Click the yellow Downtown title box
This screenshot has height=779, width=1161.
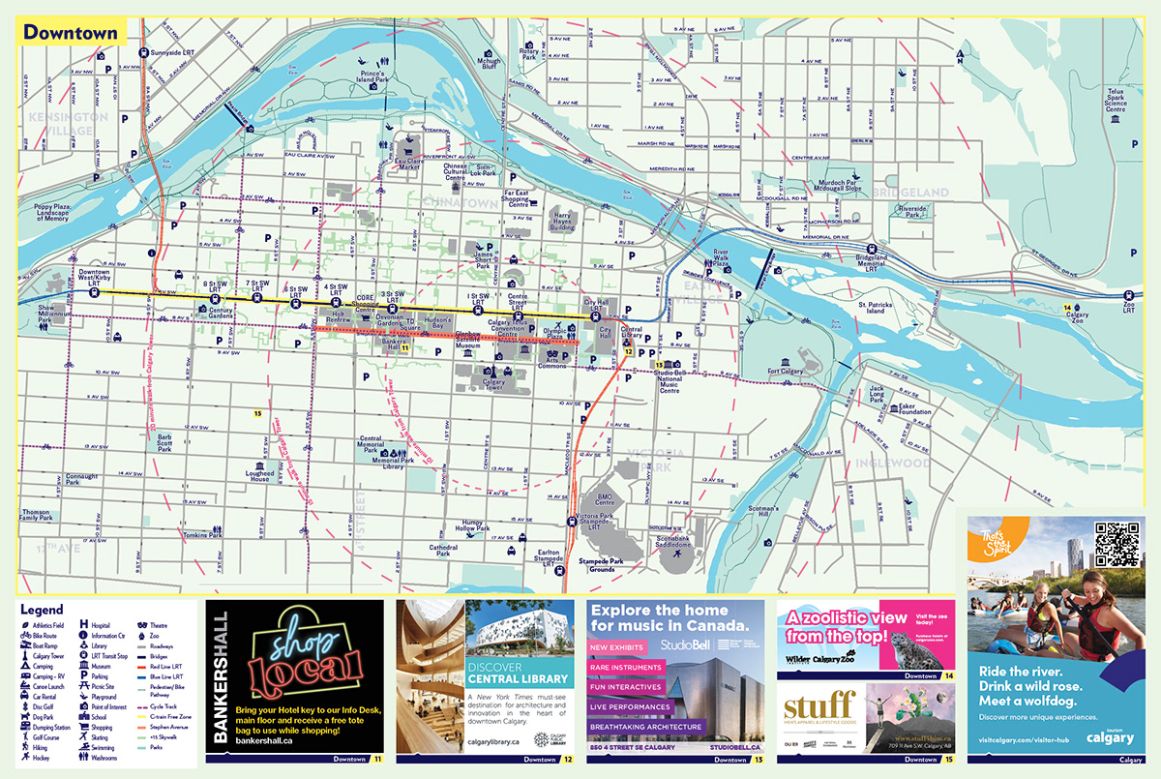click(71, 32)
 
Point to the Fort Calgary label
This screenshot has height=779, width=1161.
click(786, 372)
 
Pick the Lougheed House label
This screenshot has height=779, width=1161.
click(259, 474)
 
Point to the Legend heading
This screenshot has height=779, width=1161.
click(42, 611)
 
